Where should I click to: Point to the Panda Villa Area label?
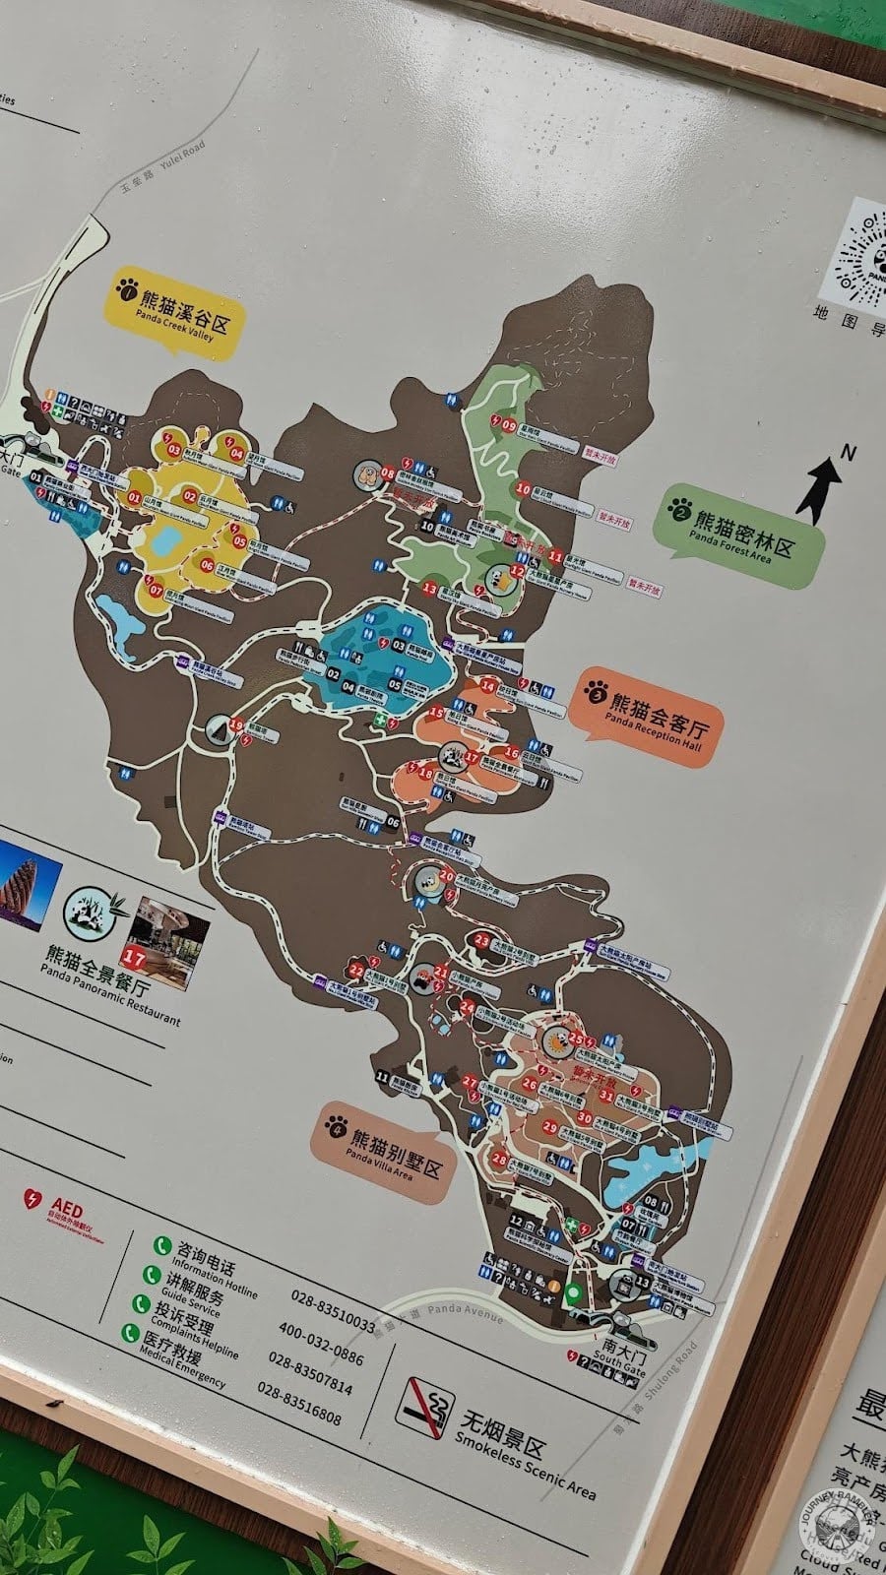383,1151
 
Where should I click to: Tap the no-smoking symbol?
425,1403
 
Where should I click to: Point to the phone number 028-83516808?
299,1405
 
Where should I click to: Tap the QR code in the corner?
860,251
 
